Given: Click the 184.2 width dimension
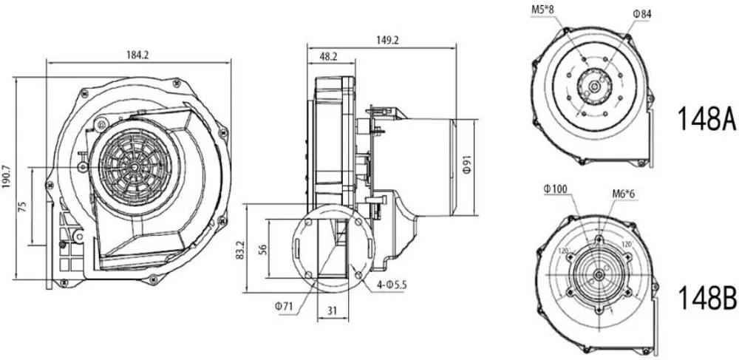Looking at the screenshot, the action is [x=137, y=53].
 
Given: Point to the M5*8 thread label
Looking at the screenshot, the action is [x=544, y=10].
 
